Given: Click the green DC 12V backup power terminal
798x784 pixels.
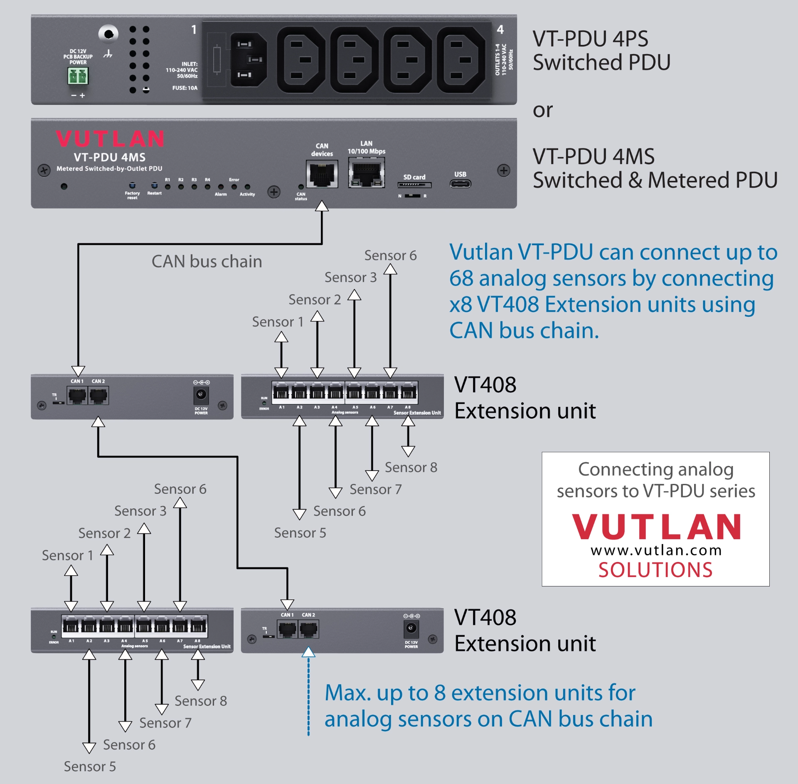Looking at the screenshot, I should (x=78, y=76).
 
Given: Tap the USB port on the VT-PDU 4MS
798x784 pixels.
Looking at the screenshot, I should (x=460, y=184).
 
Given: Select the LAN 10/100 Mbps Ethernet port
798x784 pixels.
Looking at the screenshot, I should (x=366, y=173).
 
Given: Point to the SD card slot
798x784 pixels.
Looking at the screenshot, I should (x=414, y=185).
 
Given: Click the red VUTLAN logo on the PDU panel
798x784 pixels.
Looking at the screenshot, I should (x=110, y=138).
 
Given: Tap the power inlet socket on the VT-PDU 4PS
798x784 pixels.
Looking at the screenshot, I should (x=248, y=60).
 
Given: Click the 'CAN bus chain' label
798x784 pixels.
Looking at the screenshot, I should (x=207, y=261).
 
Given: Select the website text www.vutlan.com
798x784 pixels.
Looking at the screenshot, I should (x=656, y=550).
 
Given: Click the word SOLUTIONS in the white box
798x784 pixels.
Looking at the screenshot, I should (x=655, y=570).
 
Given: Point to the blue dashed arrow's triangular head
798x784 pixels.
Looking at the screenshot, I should (x=308, y=652).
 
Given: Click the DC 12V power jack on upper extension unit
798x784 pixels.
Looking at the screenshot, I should (x=201, y=394).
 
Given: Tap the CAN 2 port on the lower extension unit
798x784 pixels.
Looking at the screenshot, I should (x=308, y=629).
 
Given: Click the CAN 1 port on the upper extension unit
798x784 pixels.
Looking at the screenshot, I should (x=77, y=395).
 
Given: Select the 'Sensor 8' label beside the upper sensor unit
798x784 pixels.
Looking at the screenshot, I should (x=411, y=467).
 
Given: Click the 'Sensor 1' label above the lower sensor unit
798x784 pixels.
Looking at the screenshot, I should (x=67, y=555).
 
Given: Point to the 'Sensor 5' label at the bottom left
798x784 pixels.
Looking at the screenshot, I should (x=90, y=767).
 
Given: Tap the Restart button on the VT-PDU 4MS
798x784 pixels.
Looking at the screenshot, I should (x=154, y=186).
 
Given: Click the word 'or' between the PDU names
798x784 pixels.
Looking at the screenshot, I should (x=542, y=110).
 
